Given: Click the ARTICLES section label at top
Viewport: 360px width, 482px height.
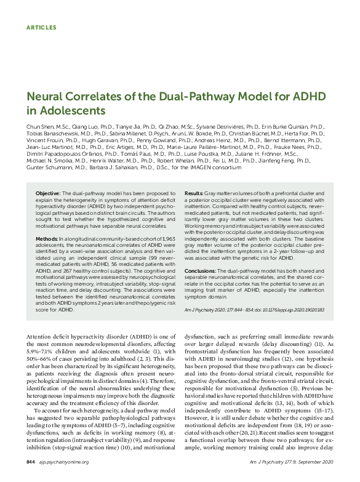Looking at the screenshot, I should click(x=42, y=28).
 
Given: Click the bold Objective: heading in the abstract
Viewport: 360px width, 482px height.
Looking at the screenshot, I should click(x=48, y=194).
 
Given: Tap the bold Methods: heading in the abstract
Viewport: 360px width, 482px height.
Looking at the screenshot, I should click(x=47, y=238).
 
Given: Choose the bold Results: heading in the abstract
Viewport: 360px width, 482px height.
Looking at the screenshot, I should click(x=194, y=194).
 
